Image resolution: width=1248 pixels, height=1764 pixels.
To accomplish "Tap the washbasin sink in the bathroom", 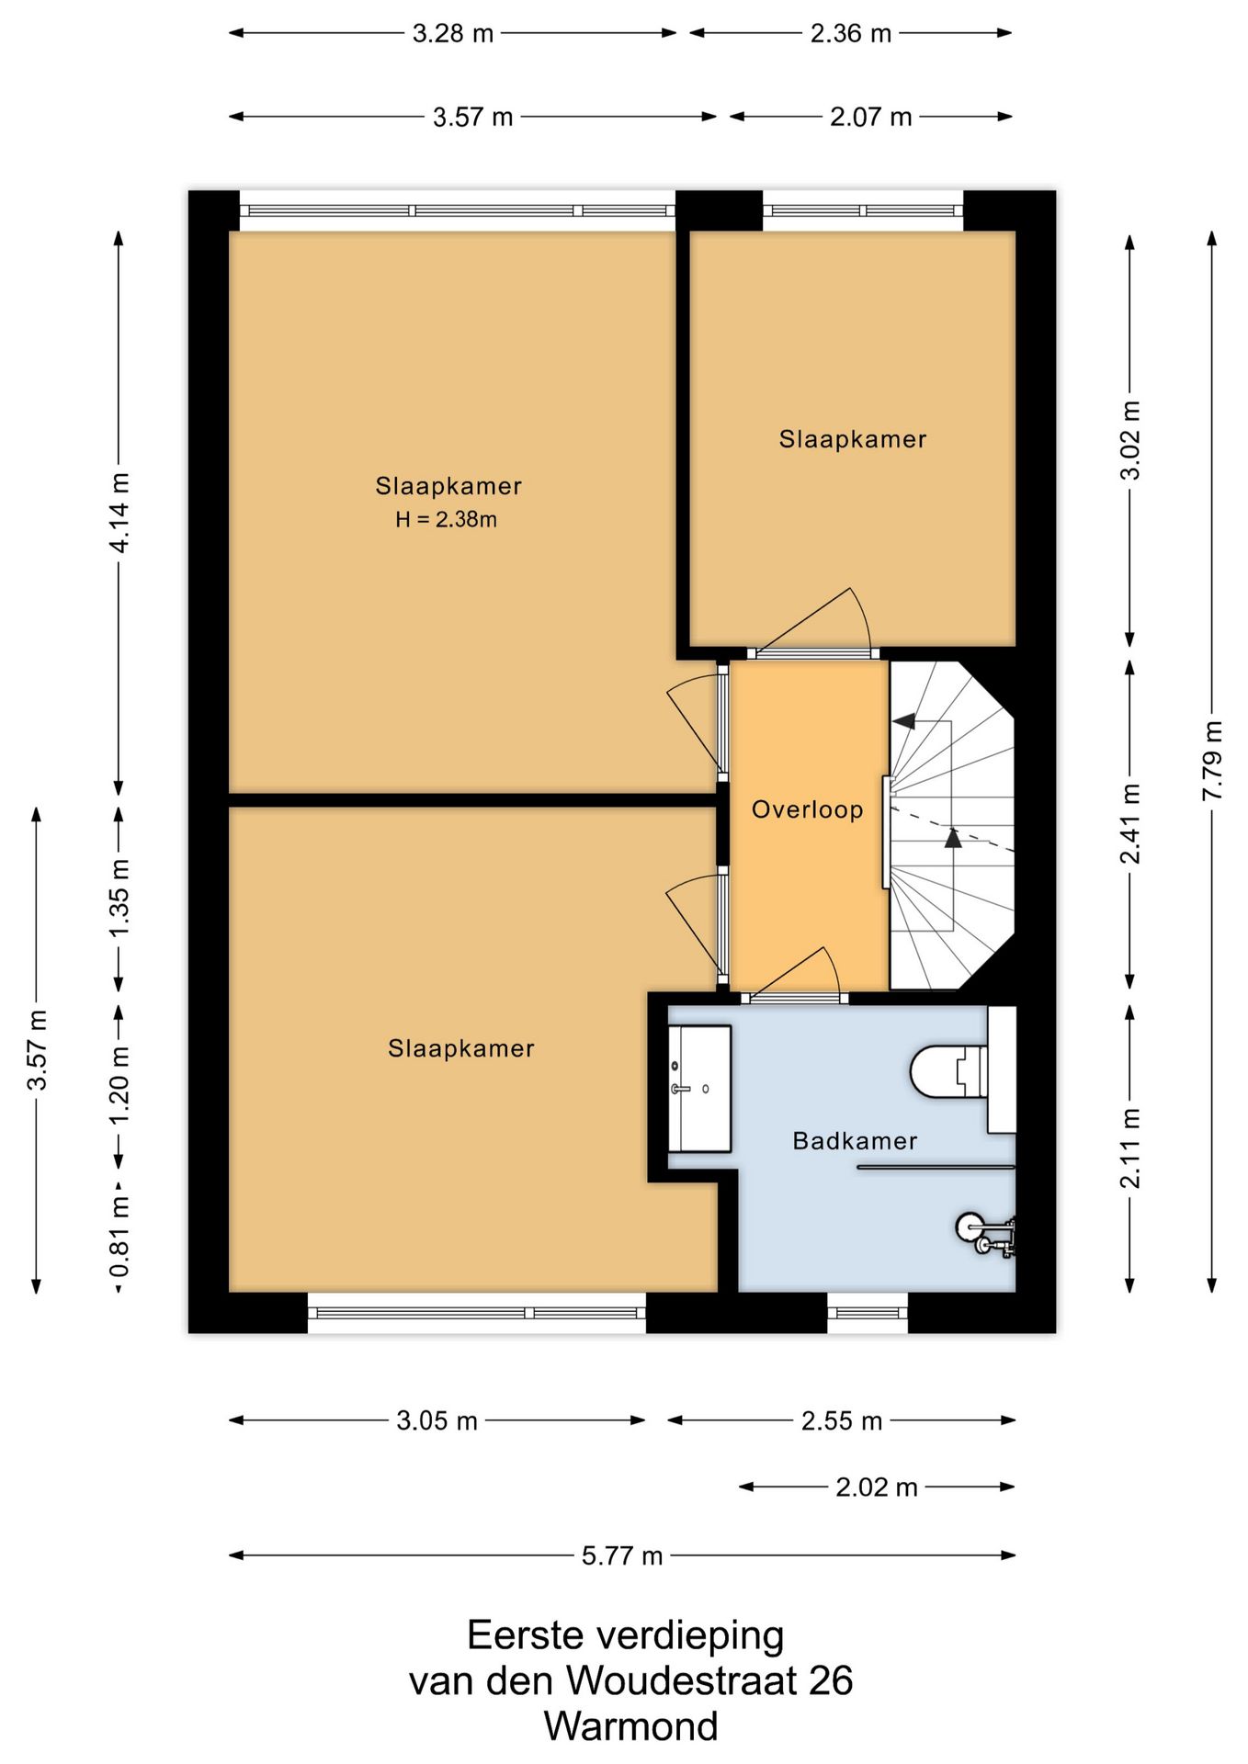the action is pyautogui.click(x=699, y=1089).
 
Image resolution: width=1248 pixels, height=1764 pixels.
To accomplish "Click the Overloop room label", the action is pyautogui.click(x=808, y=809).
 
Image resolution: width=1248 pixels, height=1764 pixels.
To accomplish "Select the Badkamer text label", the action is pyautogui.click(x=855, y=1141).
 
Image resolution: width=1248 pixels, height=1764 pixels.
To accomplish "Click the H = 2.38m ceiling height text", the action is pyautogui.click(x=447, y=520).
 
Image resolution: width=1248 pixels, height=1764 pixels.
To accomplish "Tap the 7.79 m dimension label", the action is pyautogui.click(x=1213, y=760).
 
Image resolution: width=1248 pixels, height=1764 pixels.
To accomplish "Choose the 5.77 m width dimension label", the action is pyautogui.click(x=622, y=1555).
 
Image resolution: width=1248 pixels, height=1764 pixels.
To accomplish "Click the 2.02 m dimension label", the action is pyautogui.click(x=877, y=1487).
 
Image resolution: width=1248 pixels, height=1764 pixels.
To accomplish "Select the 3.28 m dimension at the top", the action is pyautogui.click(x=453, y=34).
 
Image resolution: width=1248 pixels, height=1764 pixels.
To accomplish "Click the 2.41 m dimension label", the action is pyautogui.click(x=1130, y=824).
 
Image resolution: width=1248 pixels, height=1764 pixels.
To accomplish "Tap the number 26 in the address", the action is pyautogui.click(x=831, y=1680).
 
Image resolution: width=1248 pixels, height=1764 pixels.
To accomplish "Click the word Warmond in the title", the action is pyautogui.click(x=631, y=1725).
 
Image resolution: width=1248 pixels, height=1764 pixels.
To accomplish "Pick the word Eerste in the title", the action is pyautogui.click(x=526, y=1635).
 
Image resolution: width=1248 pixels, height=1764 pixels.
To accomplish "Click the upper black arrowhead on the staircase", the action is pyautogui.click(x=904, y=721).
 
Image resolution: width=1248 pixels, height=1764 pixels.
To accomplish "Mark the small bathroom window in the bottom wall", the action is pyautogui.click(x=868, y=1312).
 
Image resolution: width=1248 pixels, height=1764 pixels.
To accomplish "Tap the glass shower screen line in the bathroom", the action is pyautogui.click(x=936, y=1168).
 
